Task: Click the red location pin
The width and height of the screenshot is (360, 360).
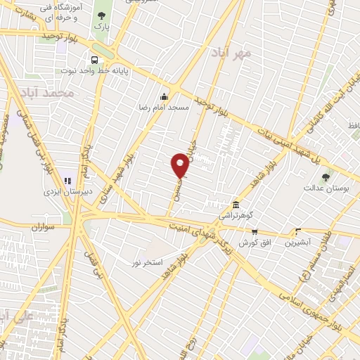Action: tap(180, 166)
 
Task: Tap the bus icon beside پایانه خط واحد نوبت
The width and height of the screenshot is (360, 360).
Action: tap(94, 60)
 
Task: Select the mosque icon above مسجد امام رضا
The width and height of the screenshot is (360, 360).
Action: tap(165, 97)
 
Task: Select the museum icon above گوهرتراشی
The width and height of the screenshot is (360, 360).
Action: tap(226, 204)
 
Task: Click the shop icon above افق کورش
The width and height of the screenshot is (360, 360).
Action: tap(255, 231)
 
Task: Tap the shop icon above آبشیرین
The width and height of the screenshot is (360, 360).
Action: tap(299, 231)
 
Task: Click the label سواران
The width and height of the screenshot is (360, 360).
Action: tap(42, 227)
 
